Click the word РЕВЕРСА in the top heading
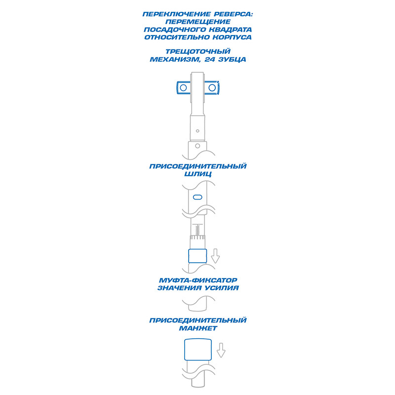click(x=235, y=14)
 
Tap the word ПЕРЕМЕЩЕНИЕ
click(x=198, y=22)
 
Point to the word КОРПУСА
click(x=232, y=38)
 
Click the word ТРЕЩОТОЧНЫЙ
click(x=198, y=52)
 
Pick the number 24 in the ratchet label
click(x=210, y=59)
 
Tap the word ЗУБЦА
click(x=232, y=59)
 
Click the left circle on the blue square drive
click(x=183, y=88)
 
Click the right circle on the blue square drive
click(x=212, y=88)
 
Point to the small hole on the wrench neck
click(x=197, y=131)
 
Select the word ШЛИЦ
click(x=198, y=174)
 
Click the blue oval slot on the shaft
click(x=197, y=197)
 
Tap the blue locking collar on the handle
click(x=197, y=256)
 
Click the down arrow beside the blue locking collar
click(x=215, y=256)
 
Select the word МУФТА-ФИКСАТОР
click(x=198, y=280)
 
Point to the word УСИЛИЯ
click(x=221, y=288)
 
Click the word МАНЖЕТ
click(x=198, y=328)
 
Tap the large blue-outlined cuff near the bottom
click(x=198, y=350)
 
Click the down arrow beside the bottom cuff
click(x=221, y=350)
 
